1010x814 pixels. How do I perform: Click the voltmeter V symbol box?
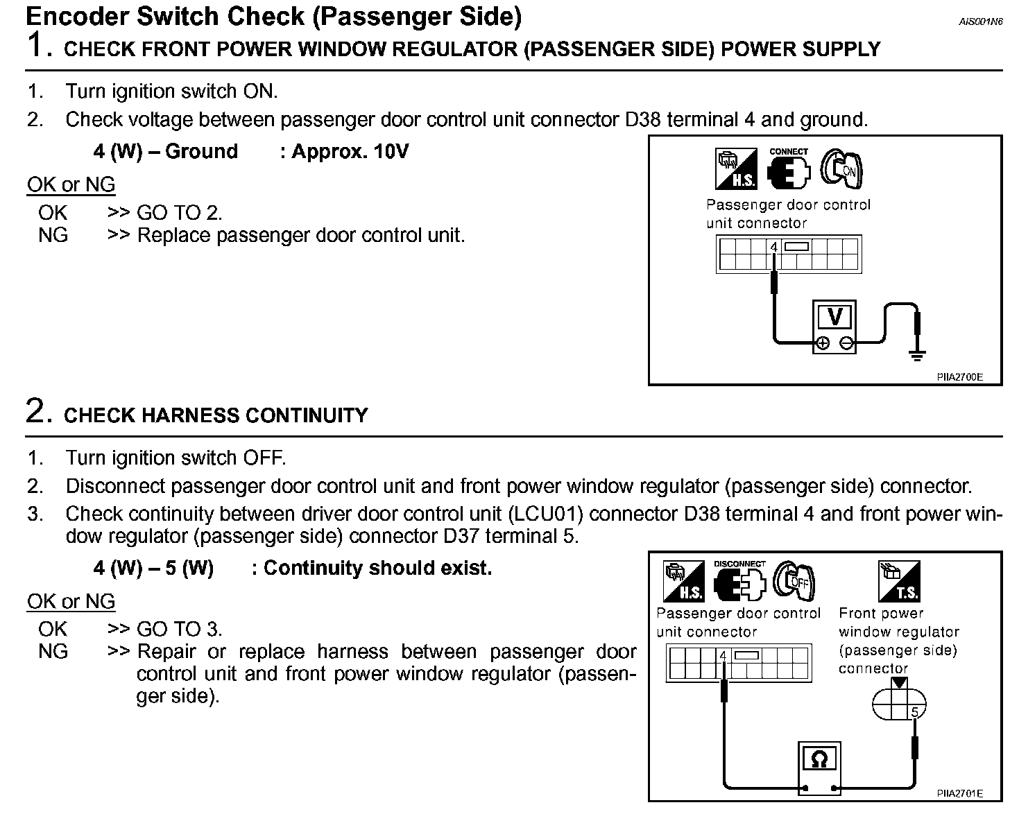tap(834, 317)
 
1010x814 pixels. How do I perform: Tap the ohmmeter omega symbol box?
tap(819, 760)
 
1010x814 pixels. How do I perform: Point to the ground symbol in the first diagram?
tap(917, 356)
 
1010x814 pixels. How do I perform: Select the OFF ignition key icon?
tap(794, 581)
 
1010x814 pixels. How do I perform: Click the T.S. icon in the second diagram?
tap(899, 581)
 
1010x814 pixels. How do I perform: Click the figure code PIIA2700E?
tap(959, 377)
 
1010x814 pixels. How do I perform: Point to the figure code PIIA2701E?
tap(959, 793)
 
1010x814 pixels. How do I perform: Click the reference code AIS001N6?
tap(981, 21)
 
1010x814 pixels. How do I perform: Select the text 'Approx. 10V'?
tap(350, 151)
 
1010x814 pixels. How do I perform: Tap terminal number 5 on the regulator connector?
tap(914, 712)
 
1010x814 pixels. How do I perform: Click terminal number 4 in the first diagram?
tap(774, 247)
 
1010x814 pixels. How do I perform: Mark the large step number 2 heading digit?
tap(36, 410)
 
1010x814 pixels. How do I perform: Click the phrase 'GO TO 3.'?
tap(180, 629)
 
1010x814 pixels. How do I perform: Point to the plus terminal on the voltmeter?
tap(822, 343)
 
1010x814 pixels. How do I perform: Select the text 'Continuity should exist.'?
tap(378, 568)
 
